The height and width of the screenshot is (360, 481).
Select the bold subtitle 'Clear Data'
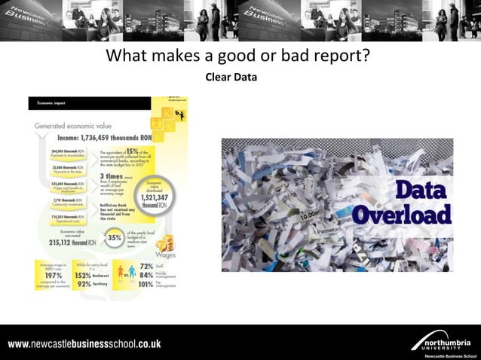[x=231, y=77]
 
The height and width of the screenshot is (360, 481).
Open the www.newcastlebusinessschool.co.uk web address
[x=84, y=344]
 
